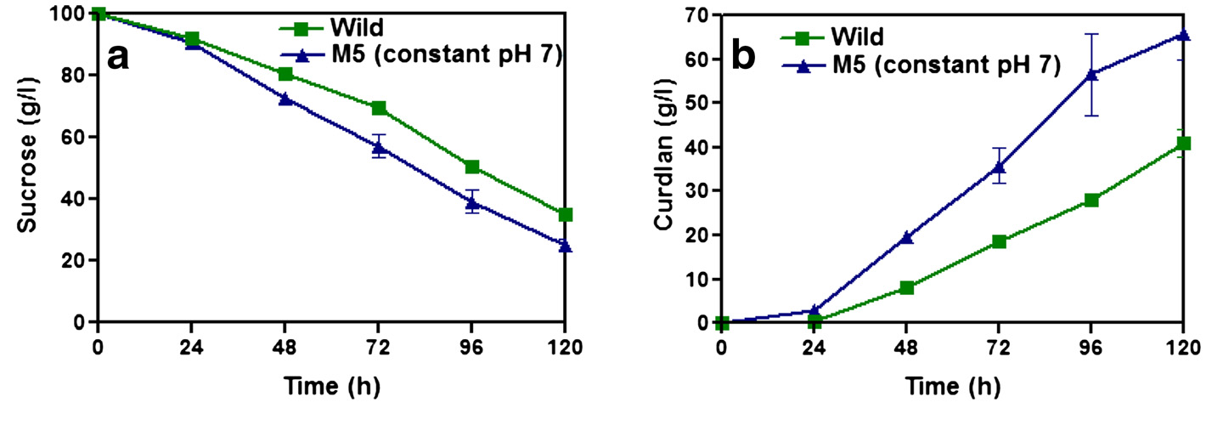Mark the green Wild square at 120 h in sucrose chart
click(565, 214)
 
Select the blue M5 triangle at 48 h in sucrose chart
click(285, 99)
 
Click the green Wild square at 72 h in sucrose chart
click(379, 108)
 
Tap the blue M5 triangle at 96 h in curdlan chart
click(1091, 74)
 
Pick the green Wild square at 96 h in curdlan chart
click(1091, 200)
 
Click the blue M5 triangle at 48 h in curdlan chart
click(906, 237)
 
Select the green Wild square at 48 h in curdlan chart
click(906, 287)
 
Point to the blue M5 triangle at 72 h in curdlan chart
click(999, 167)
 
